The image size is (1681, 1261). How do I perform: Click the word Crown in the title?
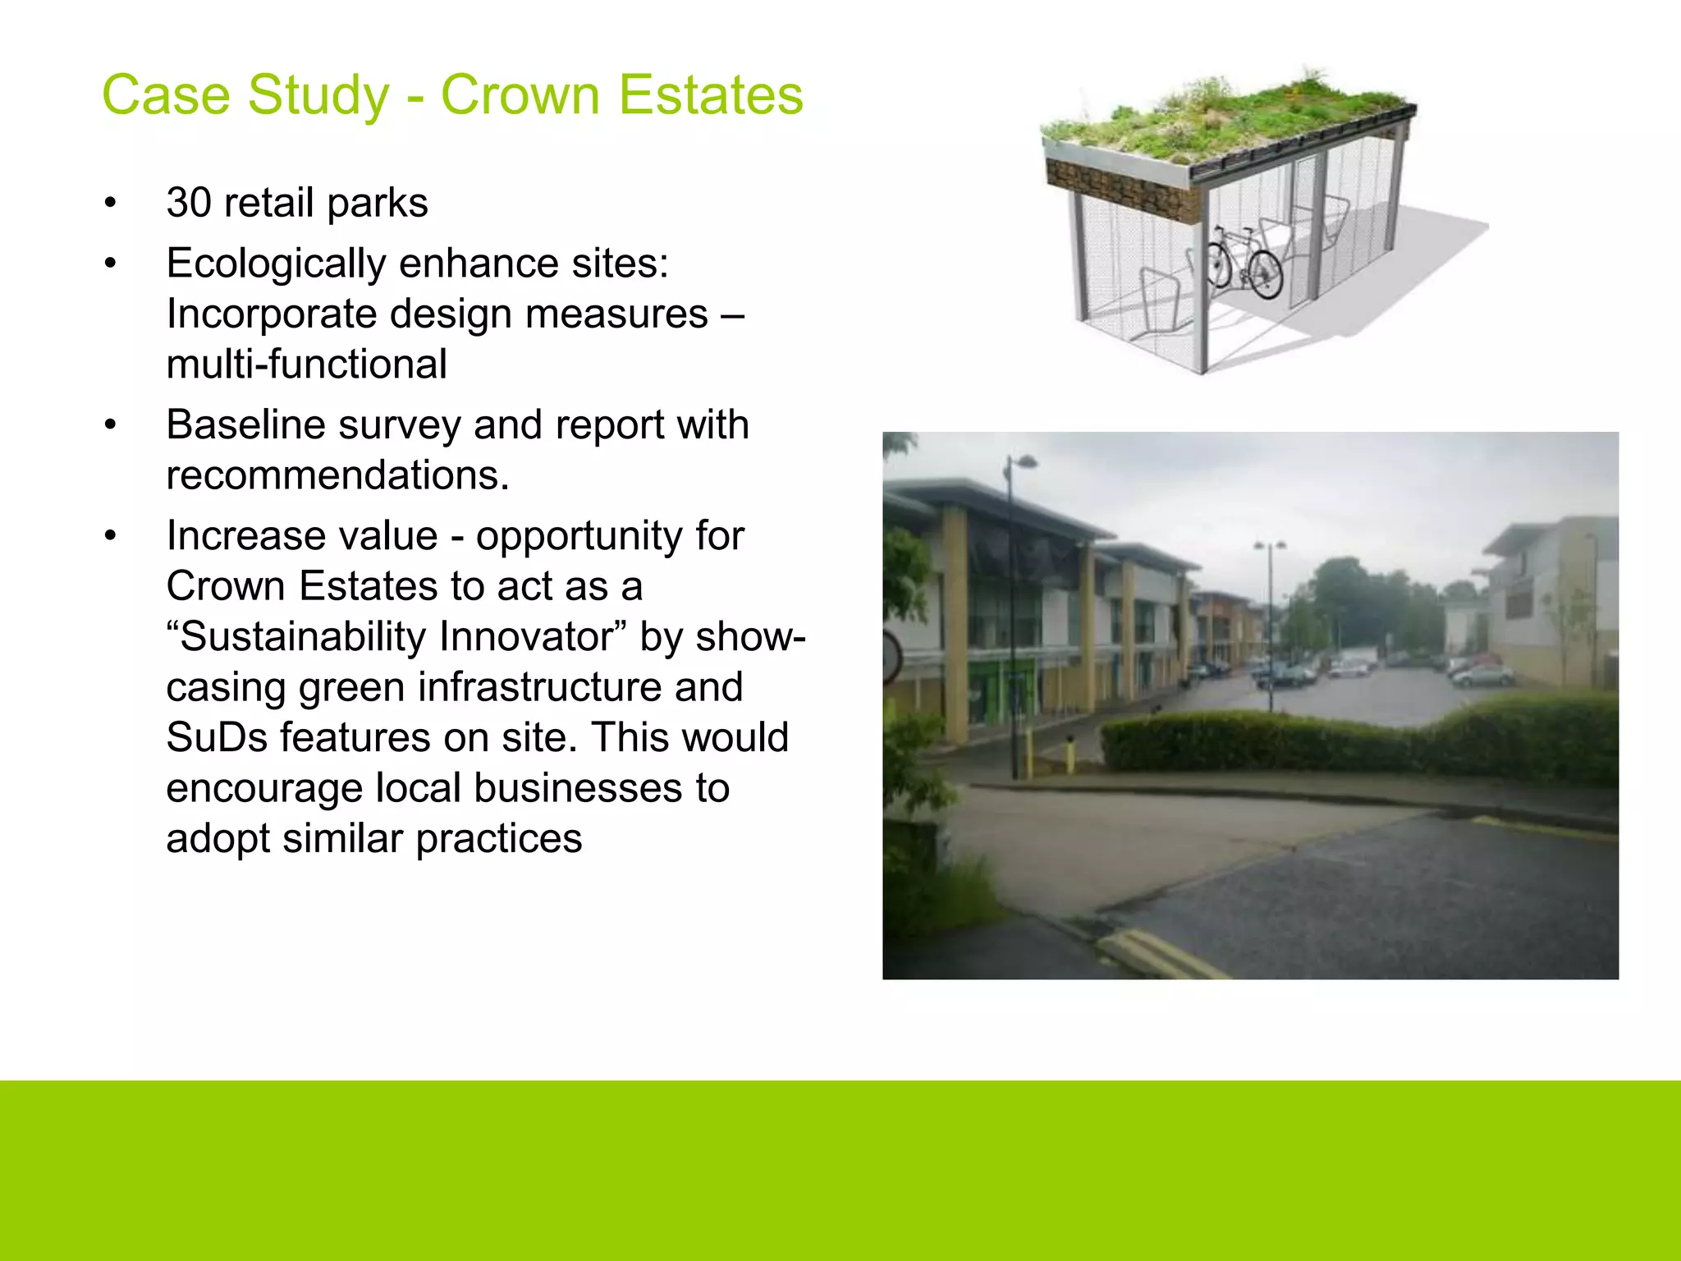click(x=520, y=95)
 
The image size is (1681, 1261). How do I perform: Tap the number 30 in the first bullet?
click(x=189, y=203)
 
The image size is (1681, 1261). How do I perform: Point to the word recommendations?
click(x=337, y=476)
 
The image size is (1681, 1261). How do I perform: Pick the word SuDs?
click(x=216, y=737)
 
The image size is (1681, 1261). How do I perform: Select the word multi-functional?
click(x=306, y=365)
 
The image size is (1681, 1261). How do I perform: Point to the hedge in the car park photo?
click(x=1354, y=739)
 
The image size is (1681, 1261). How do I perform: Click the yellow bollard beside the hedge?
click(x=1070, y=755)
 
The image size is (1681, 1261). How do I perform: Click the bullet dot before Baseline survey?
click(x=111, y=426)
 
